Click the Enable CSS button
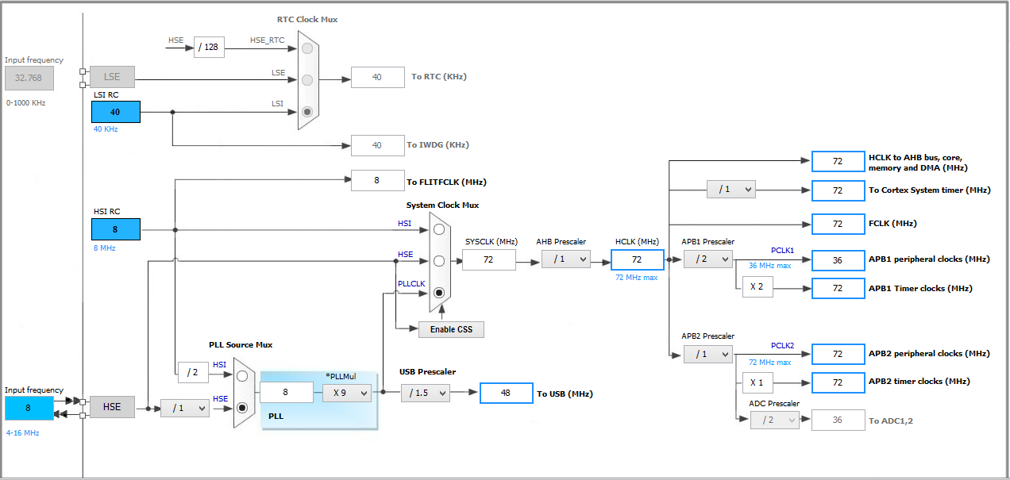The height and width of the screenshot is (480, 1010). [x=451, y=329]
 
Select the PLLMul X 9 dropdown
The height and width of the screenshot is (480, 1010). [x=347, y=392]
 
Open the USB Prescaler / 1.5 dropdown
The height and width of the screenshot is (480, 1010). [x=425, y=393]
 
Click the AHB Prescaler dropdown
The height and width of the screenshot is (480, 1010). [x=566, y=259]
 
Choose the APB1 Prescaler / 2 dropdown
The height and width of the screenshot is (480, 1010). [x=707, y=259]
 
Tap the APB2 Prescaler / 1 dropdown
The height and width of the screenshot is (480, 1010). [x=707, y=354]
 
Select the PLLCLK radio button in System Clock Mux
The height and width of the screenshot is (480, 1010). [x=438, y=293]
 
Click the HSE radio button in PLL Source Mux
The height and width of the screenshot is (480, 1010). [x=243, y=408]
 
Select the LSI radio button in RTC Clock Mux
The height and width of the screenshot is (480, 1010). [x=307, y=112]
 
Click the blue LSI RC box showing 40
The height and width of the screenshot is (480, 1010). [x=116, y=112]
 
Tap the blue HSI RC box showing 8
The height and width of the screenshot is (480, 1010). [x=116, y=229]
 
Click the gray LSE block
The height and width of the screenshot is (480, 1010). [x=112, y=77]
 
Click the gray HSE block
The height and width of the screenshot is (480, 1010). [x=112, y=407]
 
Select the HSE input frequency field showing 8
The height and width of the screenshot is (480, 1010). [x=29, y=408]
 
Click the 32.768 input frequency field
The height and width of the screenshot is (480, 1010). [x=29, y=78]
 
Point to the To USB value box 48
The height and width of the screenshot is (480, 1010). [x=506, y=393]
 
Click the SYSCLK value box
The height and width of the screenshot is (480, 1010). [x=488, y=259]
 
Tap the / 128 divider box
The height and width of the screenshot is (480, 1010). [x=209, y=48]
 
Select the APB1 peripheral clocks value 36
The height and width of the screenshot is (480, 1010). [x=837, y=259]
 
